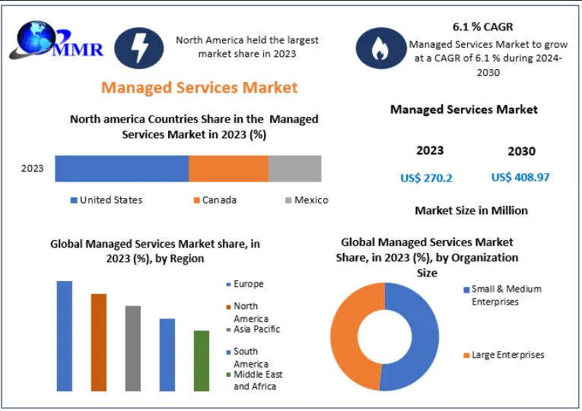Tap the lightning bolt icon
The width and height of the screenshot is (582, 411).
(x=138, y=48)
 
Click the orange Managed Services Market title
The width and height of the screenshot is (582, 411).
(x=199, y=87)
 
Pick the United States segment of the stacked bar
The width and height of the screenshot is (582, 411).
(x=122, y=168)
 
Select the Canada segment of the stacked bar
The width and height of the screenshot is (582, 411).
(x=228, y=168)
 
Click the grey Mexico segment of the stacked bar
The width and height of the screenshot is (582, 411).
(x=294, y=168)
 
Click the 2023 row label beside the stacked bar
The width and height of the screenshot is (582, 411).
(x=33, y=168)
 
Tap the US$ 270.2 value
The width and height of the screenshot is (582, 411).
(x=426, y=178)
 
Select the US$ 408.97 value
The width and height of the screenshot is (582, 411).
(x=520, y=177)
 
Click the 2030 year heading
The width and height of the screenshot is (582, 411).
(x=521, y=151)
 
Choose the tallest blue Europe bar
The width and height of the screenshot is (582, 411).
(x=65, y=336)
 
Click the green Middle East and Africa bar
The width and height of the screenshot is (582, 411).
(x=201, y=360)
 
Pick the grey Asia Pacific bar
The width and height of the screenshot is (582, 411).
(x=133, y=348)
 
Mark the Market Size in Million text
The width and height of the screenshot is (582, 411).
(x=471, y=210)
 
